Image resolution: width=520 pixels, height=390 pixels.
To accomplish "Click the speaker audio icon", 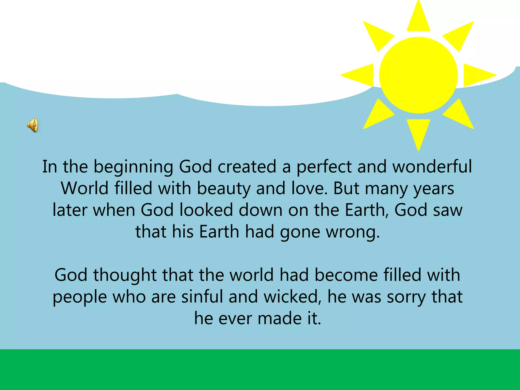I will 33,125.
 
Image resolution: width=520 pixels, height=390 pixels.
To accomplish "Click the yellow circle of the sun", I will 418,75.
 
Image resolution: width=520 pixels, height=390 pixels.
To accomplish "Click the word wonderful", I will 432,167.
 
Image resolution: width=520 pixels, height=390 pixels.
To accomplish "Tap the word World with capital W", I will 85,188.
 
